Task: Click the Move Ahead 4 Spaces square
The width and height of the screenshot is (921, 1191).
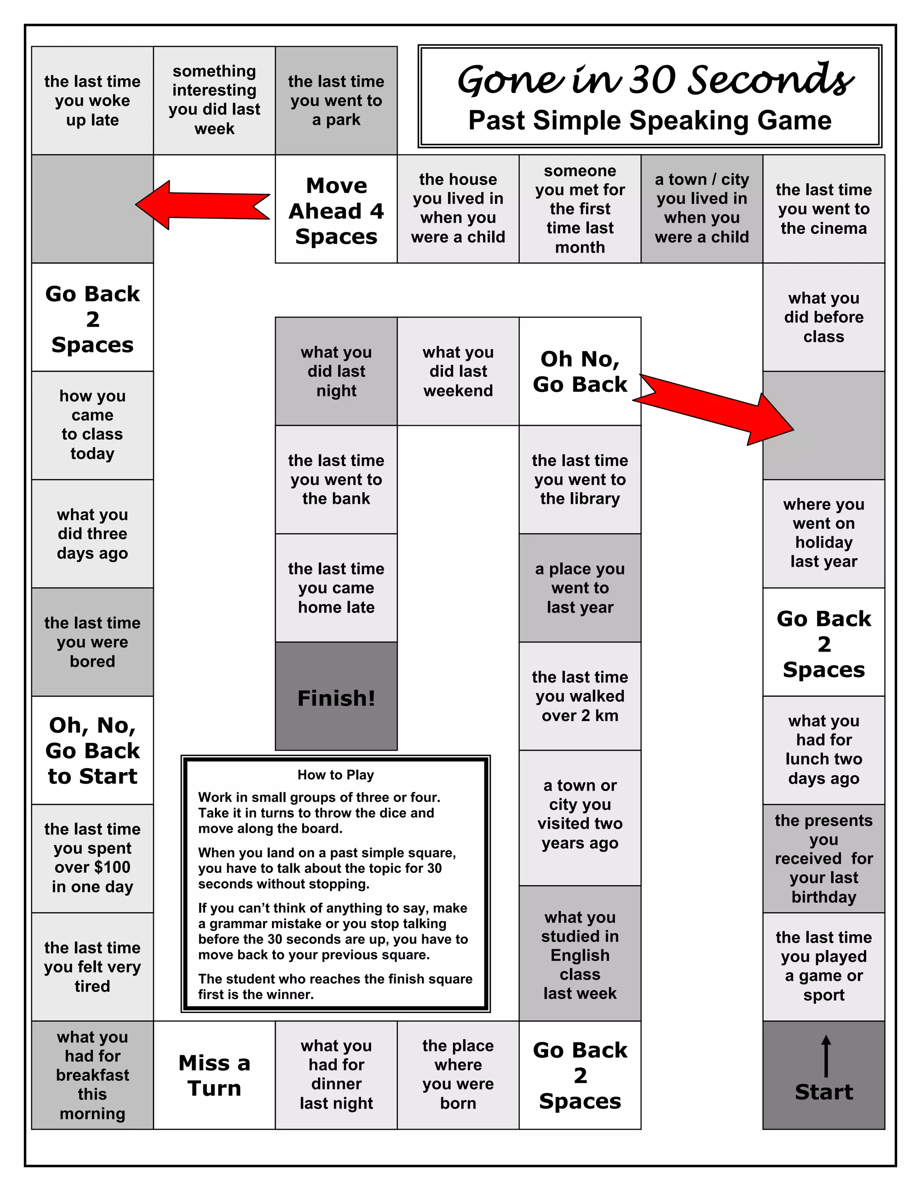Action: pyautogui.click(x=336, y=210)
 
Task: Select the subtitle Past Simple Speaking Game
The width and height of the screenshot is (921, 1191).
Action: pyautogui.click(x=649, y=120)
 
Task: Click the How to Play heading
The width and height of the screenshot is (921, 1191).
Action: pyautogui.click(x=335, y=775)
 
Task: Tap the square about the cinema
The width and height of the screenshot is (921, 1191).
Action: pyautogui.click(x=823, y=209)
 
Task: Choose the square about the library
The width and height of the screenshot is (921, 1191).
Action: pyautogui.click(x=580, y=480)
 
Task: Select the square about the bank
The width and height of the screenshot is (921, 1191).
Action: pyautogui.click(x=336, y=480)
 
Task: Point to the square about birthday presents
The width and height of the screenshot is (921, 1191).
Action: pyautogui.click(x=823, y=858)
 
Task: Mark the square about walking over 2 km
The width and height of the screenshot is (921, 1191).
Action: pyautogui.click(x=580, y=696)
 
